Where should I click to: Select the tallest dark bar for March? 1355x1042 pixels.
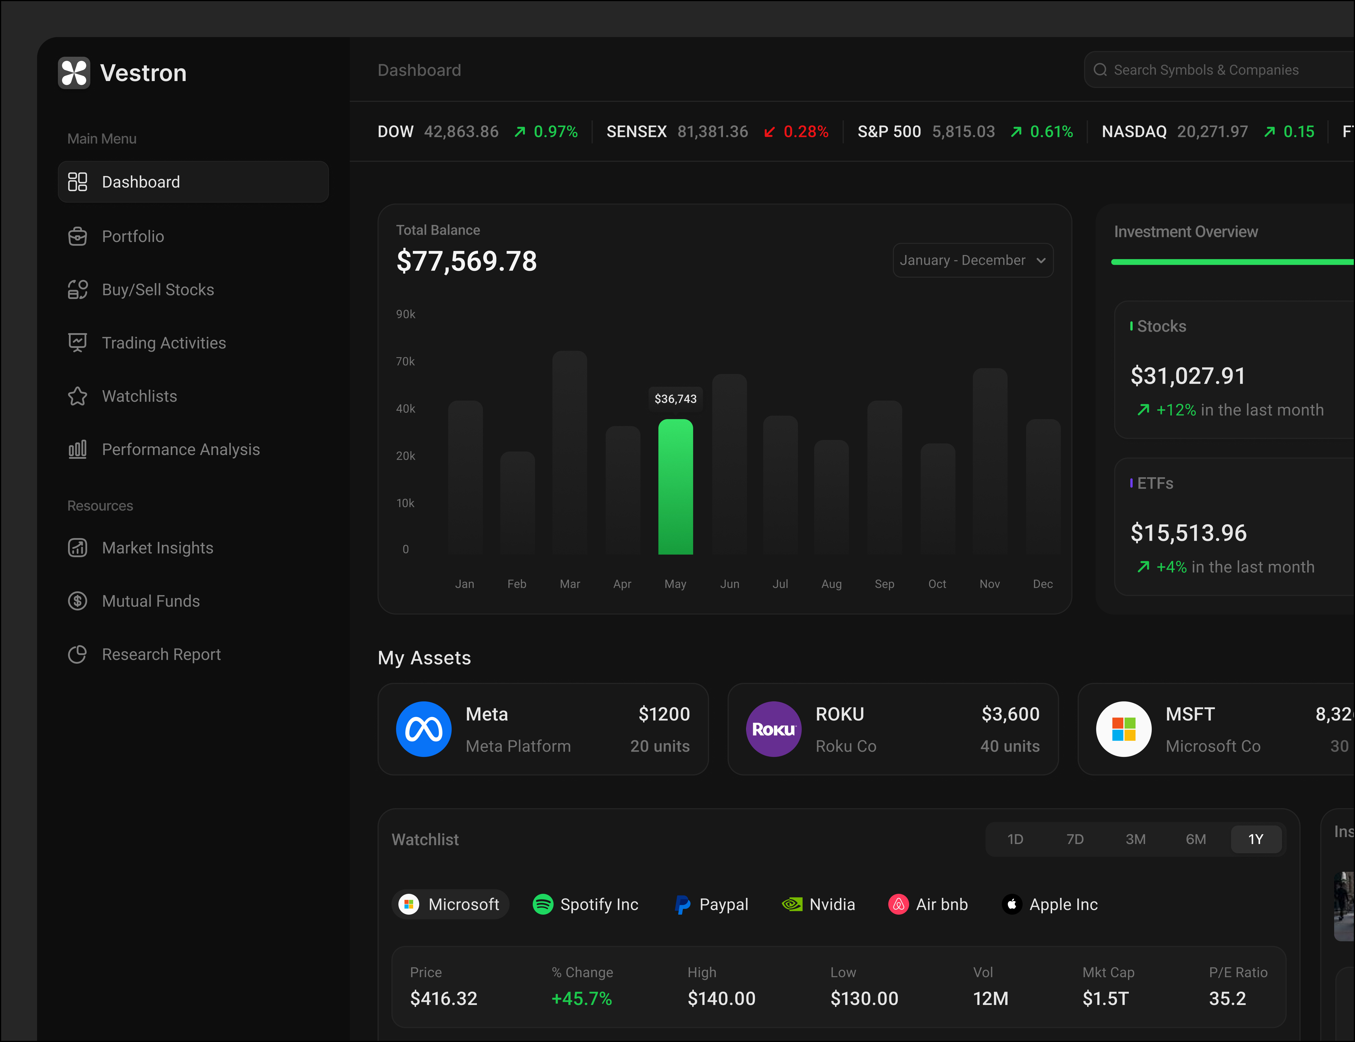point(570,453)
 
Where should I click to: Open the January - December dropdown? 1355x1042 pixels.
point(972,260)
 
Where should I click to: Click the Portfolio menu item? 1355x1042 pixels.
point(133,236)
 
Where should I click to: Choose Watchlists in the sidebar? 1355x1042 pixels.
point(139,396)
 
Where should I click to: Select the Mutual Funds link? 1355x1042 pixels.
point(151,601)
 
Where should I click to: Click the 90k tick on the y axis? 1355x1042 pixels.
point(406,314)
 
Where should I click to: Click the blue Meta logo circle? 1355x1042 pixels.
point(424,729)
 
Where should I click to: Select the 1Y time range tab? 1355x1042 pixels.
point(1256,839)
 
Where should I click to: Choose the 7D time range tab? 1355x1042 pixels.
point(1074,839)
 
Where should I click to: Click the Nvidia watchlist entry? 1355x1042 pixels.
point(819,904)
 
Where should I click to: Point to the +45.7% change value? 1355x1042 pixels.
point(581,999)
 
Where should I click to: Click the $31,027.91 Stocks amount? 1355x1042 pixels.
point(1187,376)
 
